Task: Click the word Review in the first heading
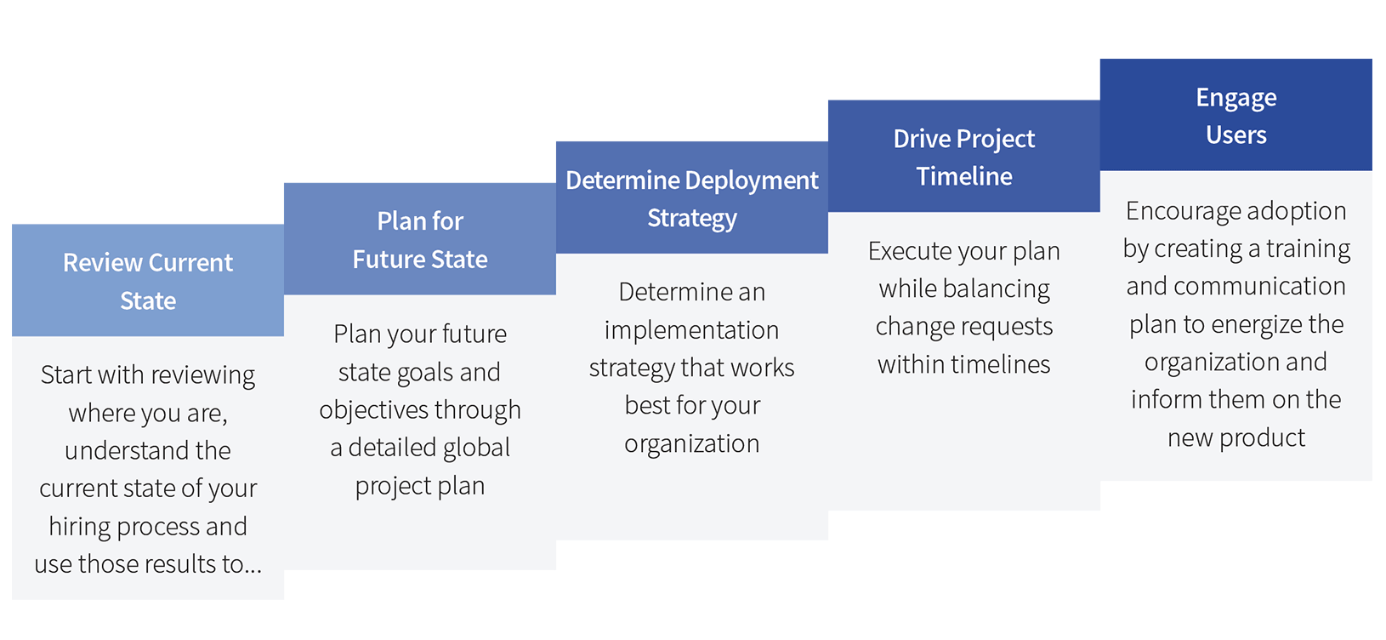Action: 102,263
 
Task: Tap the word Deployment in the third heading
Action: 752,181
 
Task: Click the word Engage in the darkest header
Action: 1236,98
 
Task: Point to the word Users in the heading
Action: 1236,135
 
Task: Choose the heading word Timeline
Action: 964,176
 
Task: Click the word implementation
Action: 692,330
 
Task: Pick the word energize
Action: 1258,325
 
